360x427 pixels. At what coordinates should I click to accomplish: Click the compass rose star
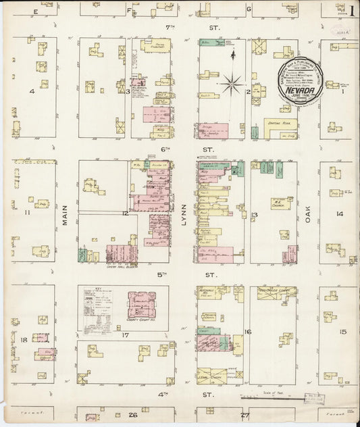[x=232, y=84]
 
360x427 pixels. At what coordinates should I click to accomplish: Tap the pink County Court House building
[x=142, y=305]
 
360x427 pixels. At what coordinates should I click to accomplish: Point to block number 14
[x=340, y=214]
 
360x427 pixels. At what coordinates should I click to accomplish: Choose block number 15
[x=343, y=332]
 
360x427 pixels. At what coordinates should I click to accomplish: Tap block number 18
[x=24, y=339]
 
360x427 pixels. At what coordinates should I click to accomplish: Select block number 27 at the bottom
[x=245, y=414]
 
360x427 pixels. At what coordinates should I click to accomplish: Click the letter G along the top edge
[x=249, y=9]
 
